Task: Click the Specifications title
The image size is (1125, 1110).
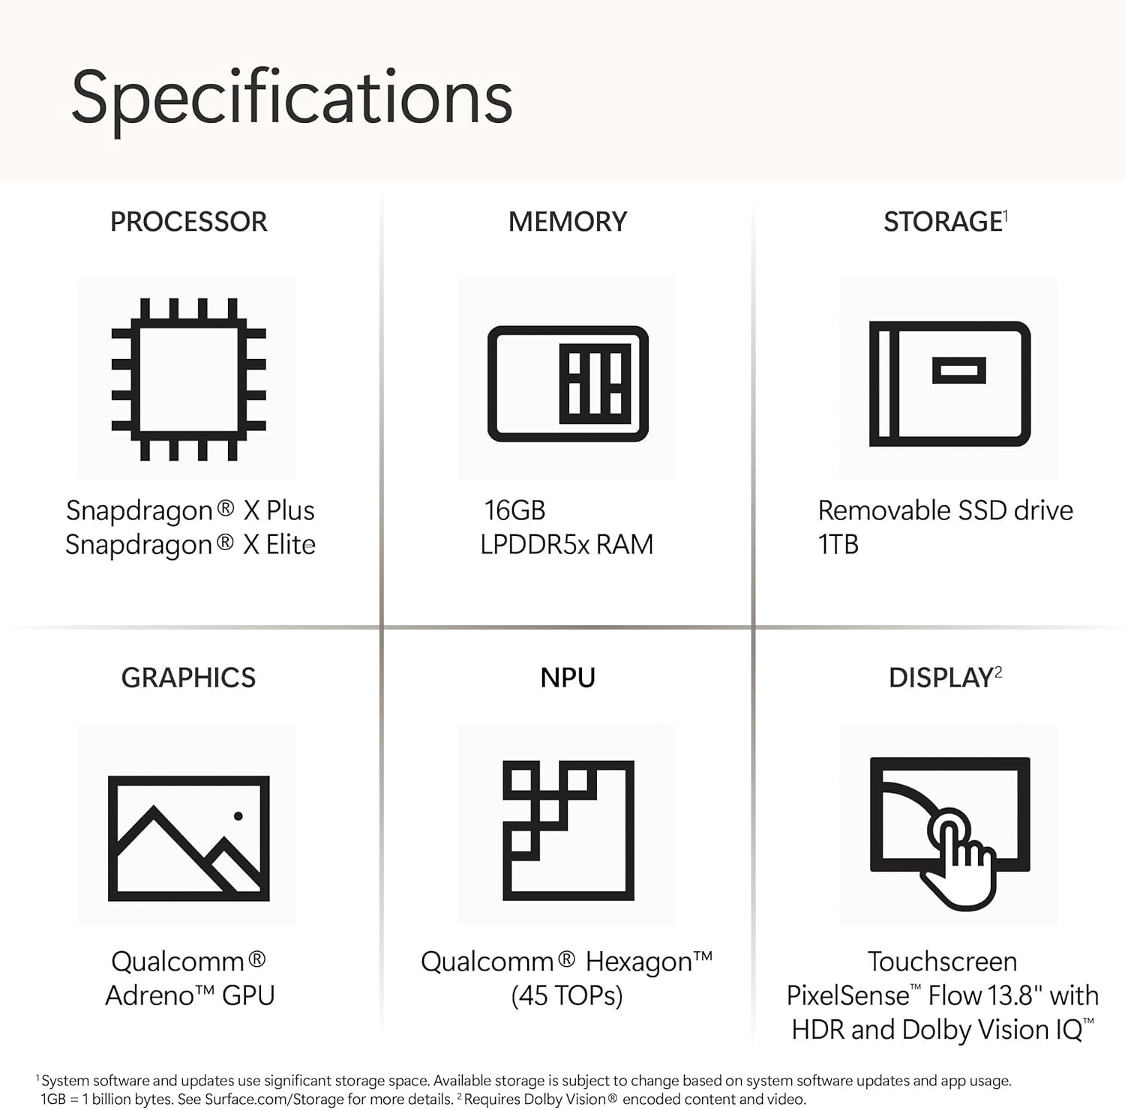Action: [x=292, y=98]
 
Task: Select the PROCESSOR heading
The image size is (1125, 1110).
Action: [x=188, y=222]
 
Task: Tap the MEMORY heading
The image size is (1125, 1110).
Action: [x=568, y=222]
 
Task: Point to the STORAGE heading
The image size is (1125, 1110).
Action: [x=943, y=222]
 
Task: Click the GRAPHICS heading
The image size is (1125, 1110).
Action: [x=188, y=678]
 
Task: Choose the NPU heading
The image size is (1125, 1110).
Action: [x=568, y=678]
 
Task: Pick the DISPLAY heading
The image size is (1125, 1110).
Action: [x=941, y=678]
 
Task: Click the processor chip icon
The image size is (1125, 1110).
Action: [x=188, y=378]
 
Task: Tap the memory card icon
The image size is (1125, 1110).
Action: [x=568, y=383]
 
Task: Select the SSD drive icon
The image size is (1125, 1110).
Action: [x=949, y=383]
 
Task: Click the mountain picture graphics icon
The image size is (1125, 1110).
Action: [x=188, y=838]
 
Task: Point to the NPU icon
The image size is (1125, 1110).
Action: [x=568, y=830]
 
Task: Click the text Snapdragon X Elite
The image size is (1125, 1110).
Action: [x=190, y=544]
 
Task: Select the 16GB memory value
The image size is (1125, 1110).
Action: [x=514, y=510]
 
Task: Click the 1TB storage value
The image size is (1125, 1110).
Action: [x=838, y=544]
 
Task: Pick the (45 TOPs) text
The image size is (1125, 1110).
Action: [x=566, y=995]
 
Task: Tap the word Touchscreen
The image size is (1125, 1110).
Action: [x=942, y=961]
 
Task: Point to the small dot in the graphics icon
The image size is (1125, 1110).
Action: [x=238, y=815]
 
